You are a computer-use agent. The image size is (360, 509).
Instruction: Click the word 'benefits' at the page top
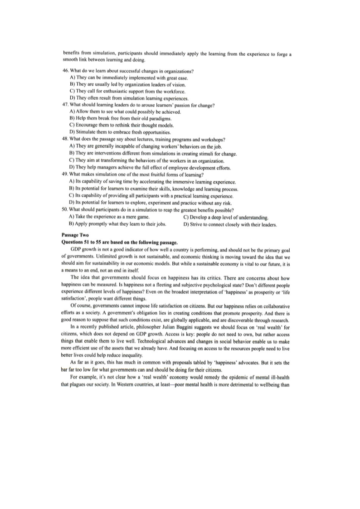[x=70, y=54]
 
